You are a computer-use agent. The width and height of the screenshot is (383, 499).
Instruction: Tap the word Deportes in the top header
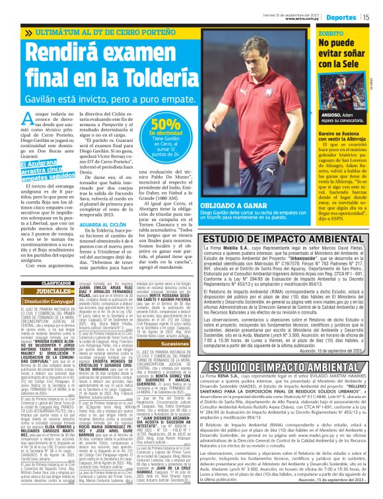pos(342,17)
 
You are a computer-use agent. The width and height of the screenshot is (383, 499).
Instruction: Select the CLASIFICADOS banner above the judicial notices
pos(50,265)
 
